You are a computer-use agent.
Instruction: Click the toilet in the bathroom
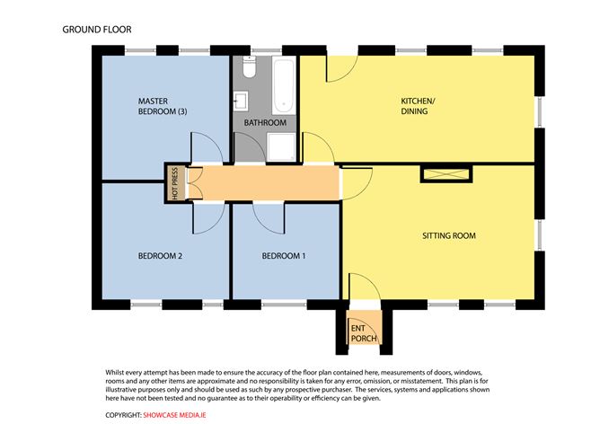(249, 68)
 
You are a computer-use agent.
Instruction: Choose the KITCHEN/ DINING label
(418, 107)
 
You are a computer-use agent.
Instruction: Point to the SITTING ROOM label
(448, 236)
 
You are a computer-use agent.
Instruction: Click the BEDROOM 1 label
(283, 256)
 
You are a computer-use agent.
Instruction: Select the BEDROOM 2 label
(160, 256)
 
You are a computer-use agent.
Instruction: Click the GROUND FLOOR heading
(97, 30)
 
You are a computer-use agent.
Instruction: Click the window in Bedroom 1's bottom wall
(284, 303)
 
